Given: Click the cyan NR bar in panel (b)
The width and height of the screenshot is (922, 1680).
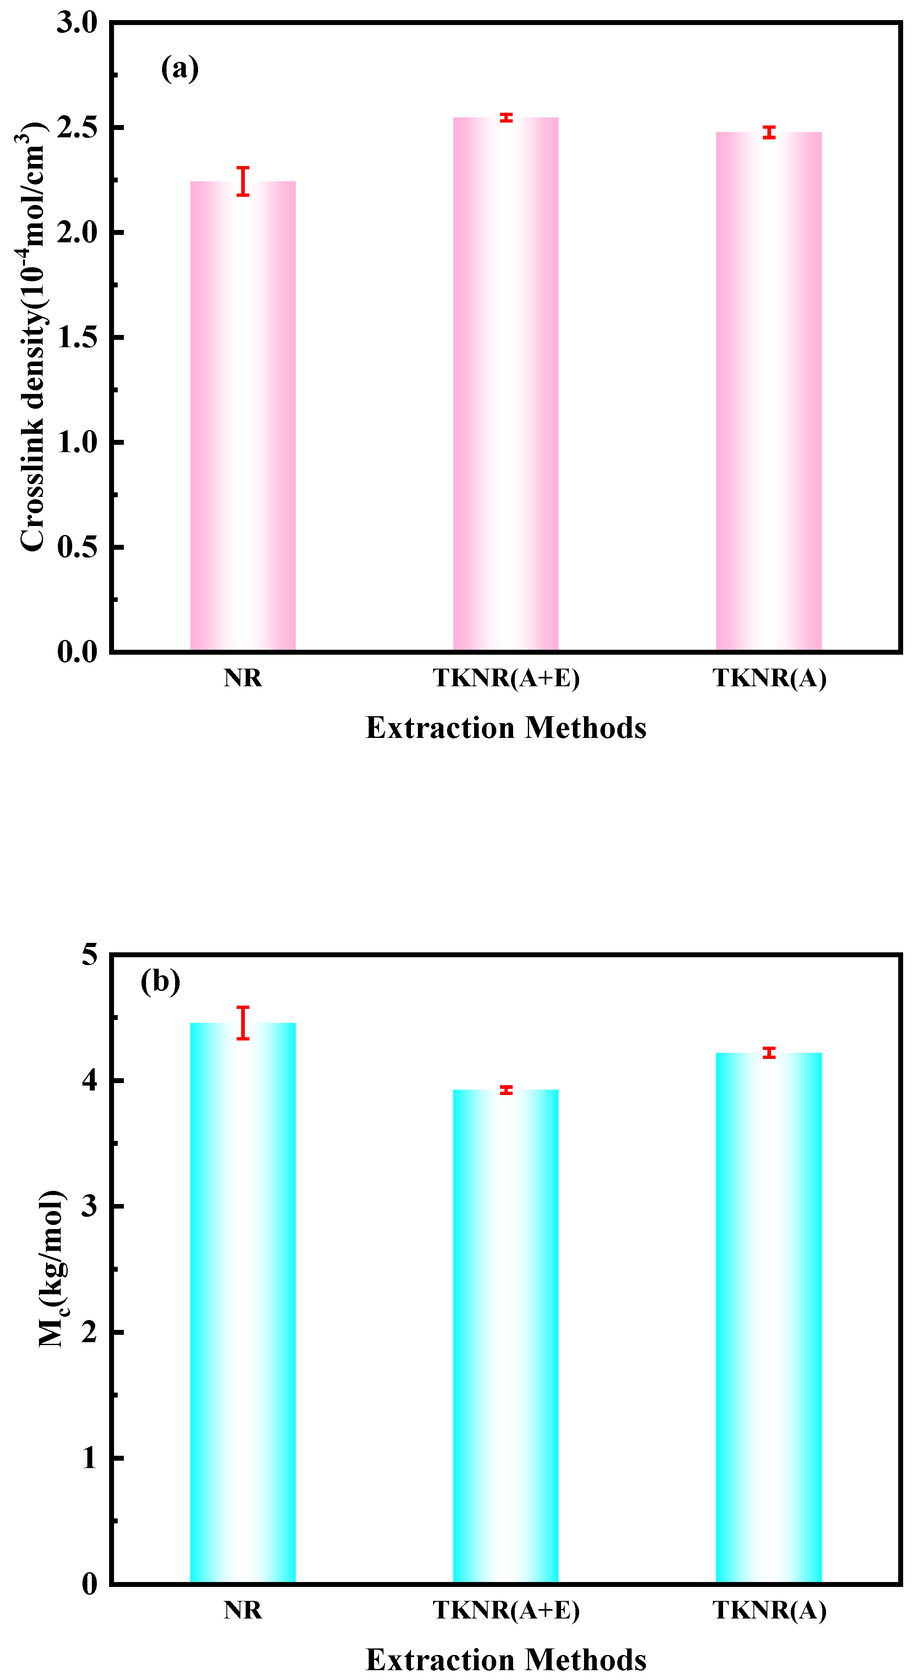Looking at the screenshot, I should (x=243, y=1304).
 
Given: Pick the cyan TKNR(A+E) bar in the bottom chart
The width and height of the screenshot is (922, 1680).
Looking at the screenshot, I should (x=506, y=1337).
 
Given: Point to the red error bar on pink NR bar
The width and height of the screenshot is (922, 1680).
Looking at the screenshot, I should (x=243, y=181).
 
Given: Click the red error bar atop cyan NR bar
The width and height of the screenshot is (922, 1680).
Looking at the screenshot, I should (x=243, y=1022).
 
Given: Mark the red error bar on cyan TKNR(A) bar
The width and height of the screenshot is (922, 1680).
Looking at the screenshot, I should (x=769, y=1053).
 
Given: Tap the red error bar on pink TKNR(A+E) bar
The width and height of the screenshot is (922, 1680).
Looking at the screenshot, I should (x=506, y=117).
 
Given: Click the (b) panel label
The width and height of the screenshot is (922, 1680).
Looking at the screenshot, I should (x=160, y=981).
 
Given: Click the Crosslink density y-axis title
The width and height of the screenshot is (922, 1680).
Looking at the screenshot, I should (x=31, y=336).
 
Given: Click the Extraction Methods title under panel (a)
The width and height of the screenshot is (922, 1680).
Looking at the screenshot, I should (x=506, y=728).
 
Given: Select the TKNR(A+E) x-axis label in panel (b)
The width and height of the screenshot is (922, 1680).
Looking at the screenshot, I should (x=506, y=1610).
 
